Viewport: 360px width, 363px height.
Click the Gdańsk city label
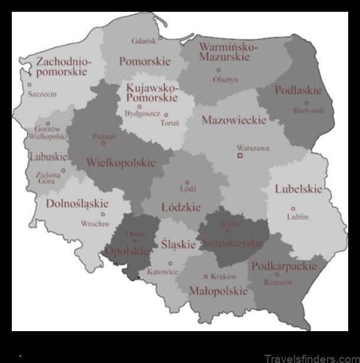[x=145, y=41]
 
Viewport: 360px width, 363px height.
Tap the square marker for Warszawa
[x=240, y=156]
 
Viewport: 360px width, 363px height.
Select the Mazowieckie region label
[x=234, y=120]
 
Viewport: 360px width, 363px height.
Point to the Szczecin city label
[x=42, y=94]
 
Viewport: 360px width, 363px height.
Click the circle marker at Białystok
[x=306, y=103]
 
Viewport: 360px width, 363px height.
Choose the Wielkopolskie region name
[x=121, y=162]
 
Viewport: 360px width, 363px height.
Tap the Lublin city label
[x=297, y=217]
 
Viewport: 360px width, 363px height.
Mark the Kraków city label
[x=224, y=276]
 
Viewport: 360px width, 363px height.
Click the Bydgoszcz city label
[x=142, y=114]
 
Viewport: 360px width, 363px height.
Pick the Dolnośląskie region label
[x=78, y=204]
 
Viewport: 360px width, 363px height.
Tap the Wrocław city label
[x=96, y=224]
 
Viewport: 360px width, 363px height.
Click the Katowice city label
[x=163, y=272]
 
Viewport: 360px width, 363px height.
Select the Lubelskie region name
[x=299, y=189]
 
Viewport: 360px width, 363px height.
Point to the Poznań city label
[x=104, y=136]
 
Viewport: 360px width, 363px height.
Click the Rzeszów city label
[x=279, y=282]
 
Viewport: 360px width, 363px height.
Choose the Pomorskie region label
[x=145, y=61]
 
